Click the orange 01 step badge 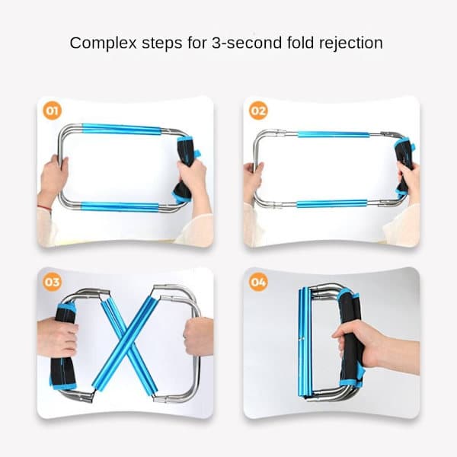[x=53, y=110]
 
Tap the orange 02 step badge [x=258, y=110]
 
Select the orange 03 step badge [x=53, y=282]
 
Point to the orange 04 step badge [x=258, y=282]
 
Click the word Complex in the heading [x=103, y=43]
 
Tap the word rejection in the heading [x=351, y=43]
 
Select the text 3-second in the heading [x=247, y=43]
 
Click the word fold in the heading [x=301, y=43]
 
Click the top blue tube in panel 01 [x=122, y=129]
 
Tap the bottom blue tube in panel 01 [x=120, y=206]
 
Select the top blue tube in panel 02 [x=334, y=134]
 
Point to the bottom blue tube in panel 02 [x=332, y=203]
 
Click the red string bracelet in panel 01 [x=44, y=207]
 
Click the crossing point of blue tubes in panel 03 [x=126, y=343]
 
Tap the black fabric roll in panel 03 [x=62, y=347]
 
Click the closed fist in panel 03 [x=198, y=337]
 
